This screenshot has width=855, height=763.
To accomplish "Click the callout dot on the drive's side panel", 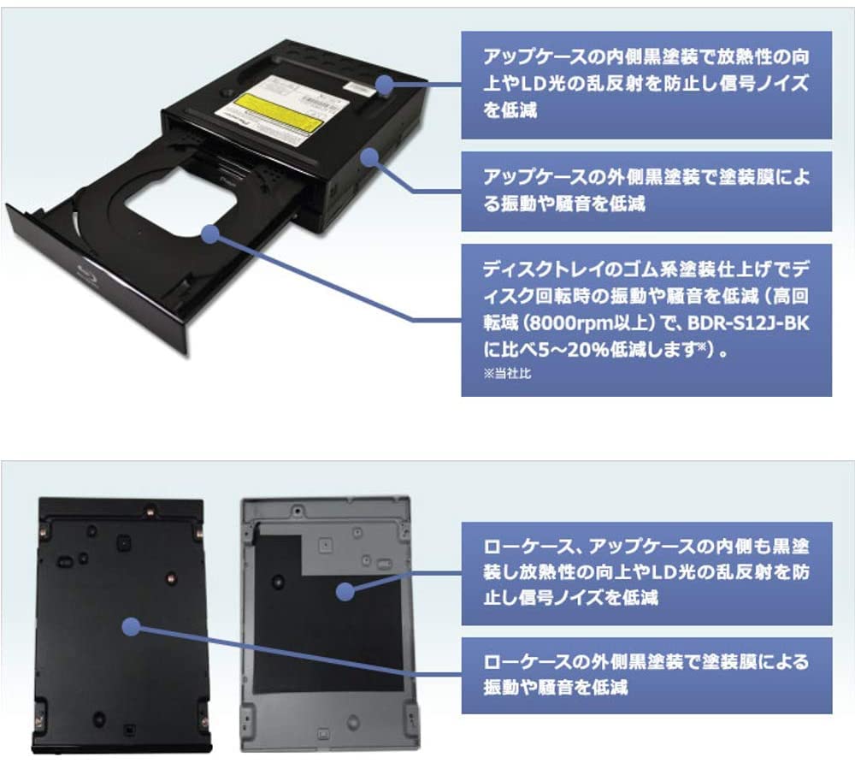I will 369,157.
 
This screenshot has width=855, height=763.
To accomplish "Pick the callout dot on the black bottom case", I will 130,628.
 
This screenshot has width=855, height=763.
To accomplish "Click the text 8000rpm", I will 563,327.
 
